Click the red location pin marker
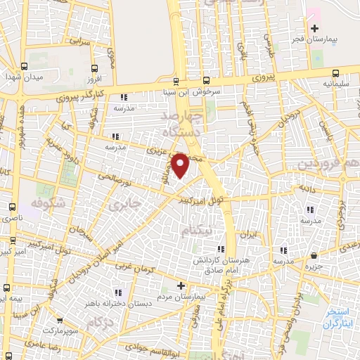[x=181, y=165]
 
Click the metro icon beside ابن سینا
[x=205, y=80]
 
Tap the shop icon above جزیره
[x=314, y=256]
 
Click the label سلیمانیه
[x=333, y=83]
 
